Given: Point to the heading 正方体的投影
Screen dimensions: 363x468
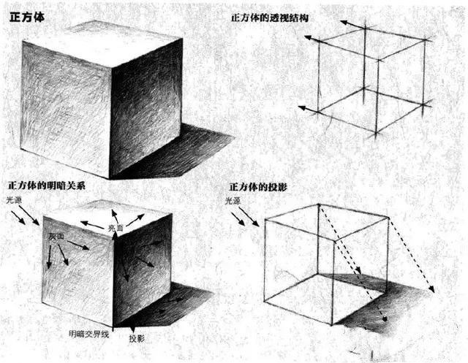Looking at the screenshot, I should pos(258,188).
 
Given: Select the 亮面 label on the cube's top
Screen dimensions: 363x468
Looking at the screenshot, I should pos(116,229).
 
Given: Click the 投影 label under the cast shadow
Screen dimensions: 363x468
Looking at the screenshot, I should pos(137,340).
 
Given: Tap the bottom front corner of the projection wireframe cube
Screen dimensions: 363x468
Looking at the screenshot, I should pos(334,324).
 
